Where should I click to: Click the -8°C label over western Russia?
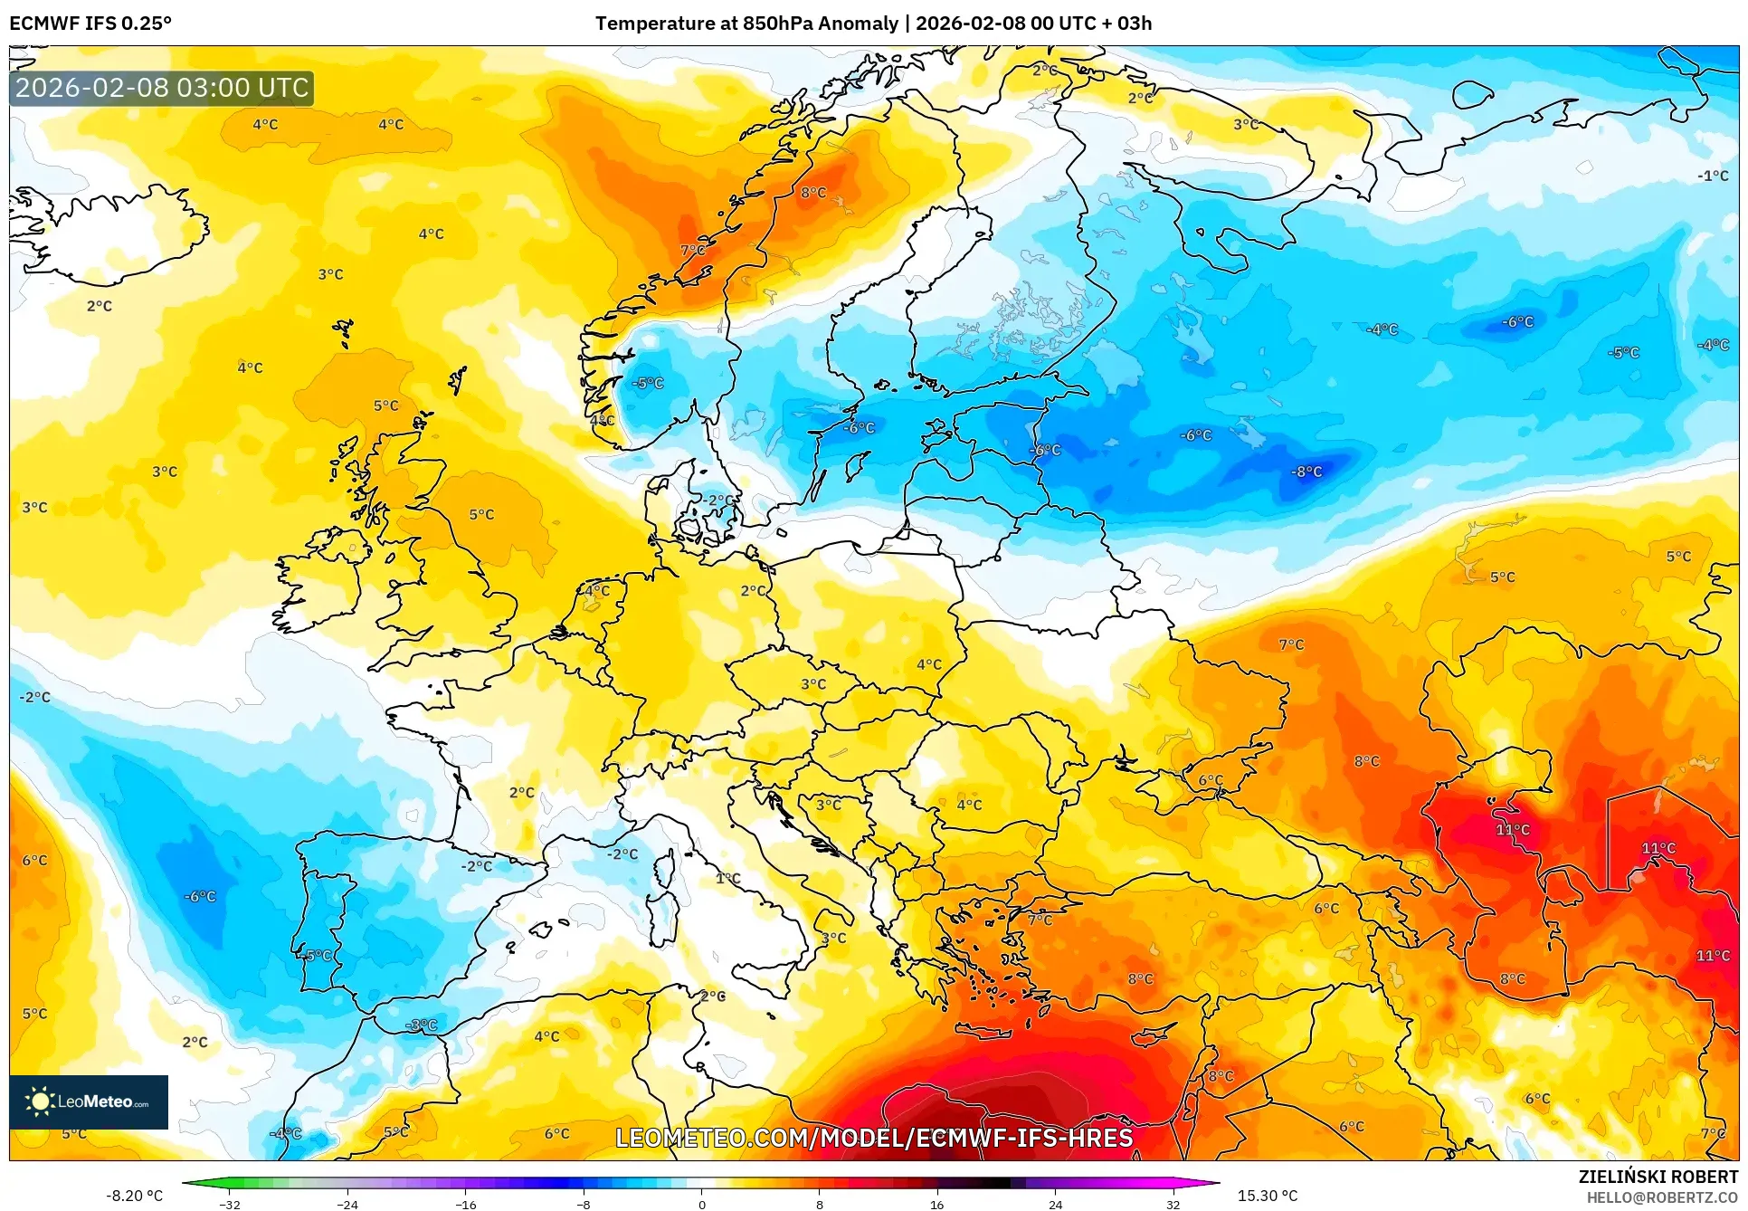click(x=1307, y=472)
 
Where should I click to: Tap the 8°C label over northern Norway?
click(x=813, y=192)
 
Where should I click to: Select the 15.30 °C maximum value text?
click(x=1267, y=1196)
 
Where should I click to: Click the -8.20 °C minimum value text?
click(x=135, y=1196)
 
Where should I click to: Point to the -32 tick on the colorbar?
click(x=230, y=1205)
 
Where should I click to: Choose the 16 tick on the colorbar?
click(x=936, y=1205)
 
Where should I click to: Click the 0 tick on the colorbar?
click(x=701, y=1205)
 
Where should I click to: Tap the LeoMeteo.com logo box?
click(x=89, y=1101)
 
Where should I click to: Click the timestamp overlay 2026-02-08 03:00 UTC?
click(x=162, y=88)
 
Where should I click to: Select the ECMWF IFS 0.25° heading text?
click(x=90, y=24)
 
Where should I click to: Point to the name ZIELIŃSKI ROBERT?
click(x=1658, y=1177)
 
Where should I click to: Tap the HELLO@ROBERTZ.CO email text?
click(x=1662, y=1197)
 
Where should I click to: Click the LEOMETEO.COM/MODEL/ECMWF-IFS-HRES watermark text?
click(x=874, y=1138)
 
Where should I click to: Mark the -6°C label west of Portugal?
click(x=200, y=896)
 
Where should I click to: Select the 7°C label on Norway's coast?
click(x=692, y=250)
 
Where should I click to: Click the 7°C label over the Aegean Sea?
click(x=1040, y=920)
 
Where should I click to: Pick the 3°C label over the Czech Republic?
click(x=813, y=684)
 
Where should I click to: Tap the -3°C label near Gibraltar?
click(x=422, y=1025)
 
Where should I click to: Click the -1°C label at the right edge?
click(x=1712, y=176)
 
